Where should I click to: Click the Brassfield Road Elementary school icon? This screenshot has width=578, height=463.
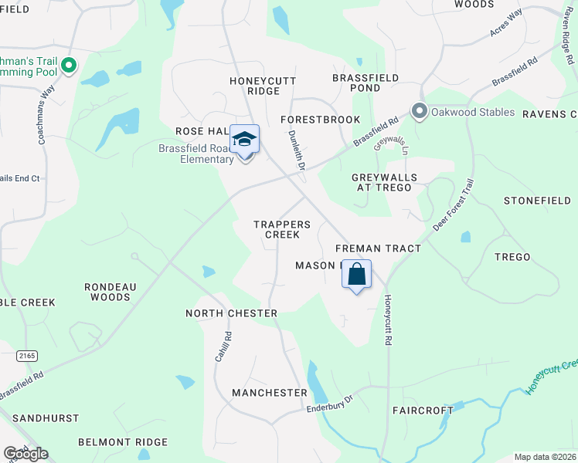(245, 140)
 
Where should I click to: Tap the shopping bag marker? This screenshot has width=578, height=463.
(357, 275)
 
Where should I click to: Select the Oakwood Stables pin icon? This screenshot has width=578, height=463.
(420, 112)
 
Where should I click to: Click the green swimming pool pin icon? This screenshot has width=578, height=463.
(69, 66)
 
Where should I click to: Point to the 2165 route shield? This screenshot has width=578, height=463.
(27, 354)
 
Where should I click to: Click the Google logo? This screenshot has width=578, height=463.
(26, 453)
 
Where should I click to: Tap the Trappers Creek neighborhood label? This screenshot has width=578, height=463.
(282, 229)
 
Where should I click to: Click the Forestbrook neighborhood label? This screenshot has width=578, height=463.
(320, 120)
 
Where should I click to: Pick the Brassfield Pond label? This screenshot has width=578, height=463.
(365, 83)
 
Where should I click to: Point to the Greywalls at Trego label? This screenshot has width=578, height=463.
(384, 183)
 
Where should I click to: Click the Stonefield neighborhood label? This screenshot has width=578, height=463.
(537, 200)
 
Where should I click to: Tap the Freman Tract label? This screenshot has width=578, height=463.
(378, 248)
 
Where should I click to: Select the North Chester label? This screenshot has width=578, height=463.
(231, 313)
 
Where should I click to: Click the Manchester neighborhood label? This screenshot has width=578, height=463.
(270, 393)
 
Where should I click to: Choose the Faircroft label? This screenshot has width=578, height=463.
(423, 410)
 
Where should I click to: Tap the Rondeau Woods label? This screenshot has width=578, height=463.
(110, 292)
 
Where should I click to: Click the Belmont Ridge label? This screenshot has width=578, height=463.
(123, 442)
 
